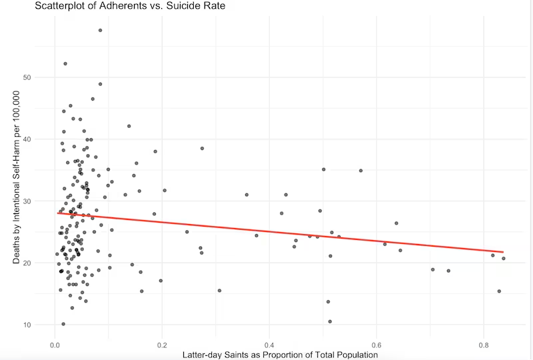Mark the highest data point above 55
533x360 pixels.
[x=100, y=30]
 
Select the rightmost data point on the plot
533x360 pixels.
[x=504, y=259]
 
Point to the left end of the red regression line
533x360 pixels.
[x=57, y=213]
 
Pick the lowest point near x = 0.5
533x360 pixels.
[x=330, y=321]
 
